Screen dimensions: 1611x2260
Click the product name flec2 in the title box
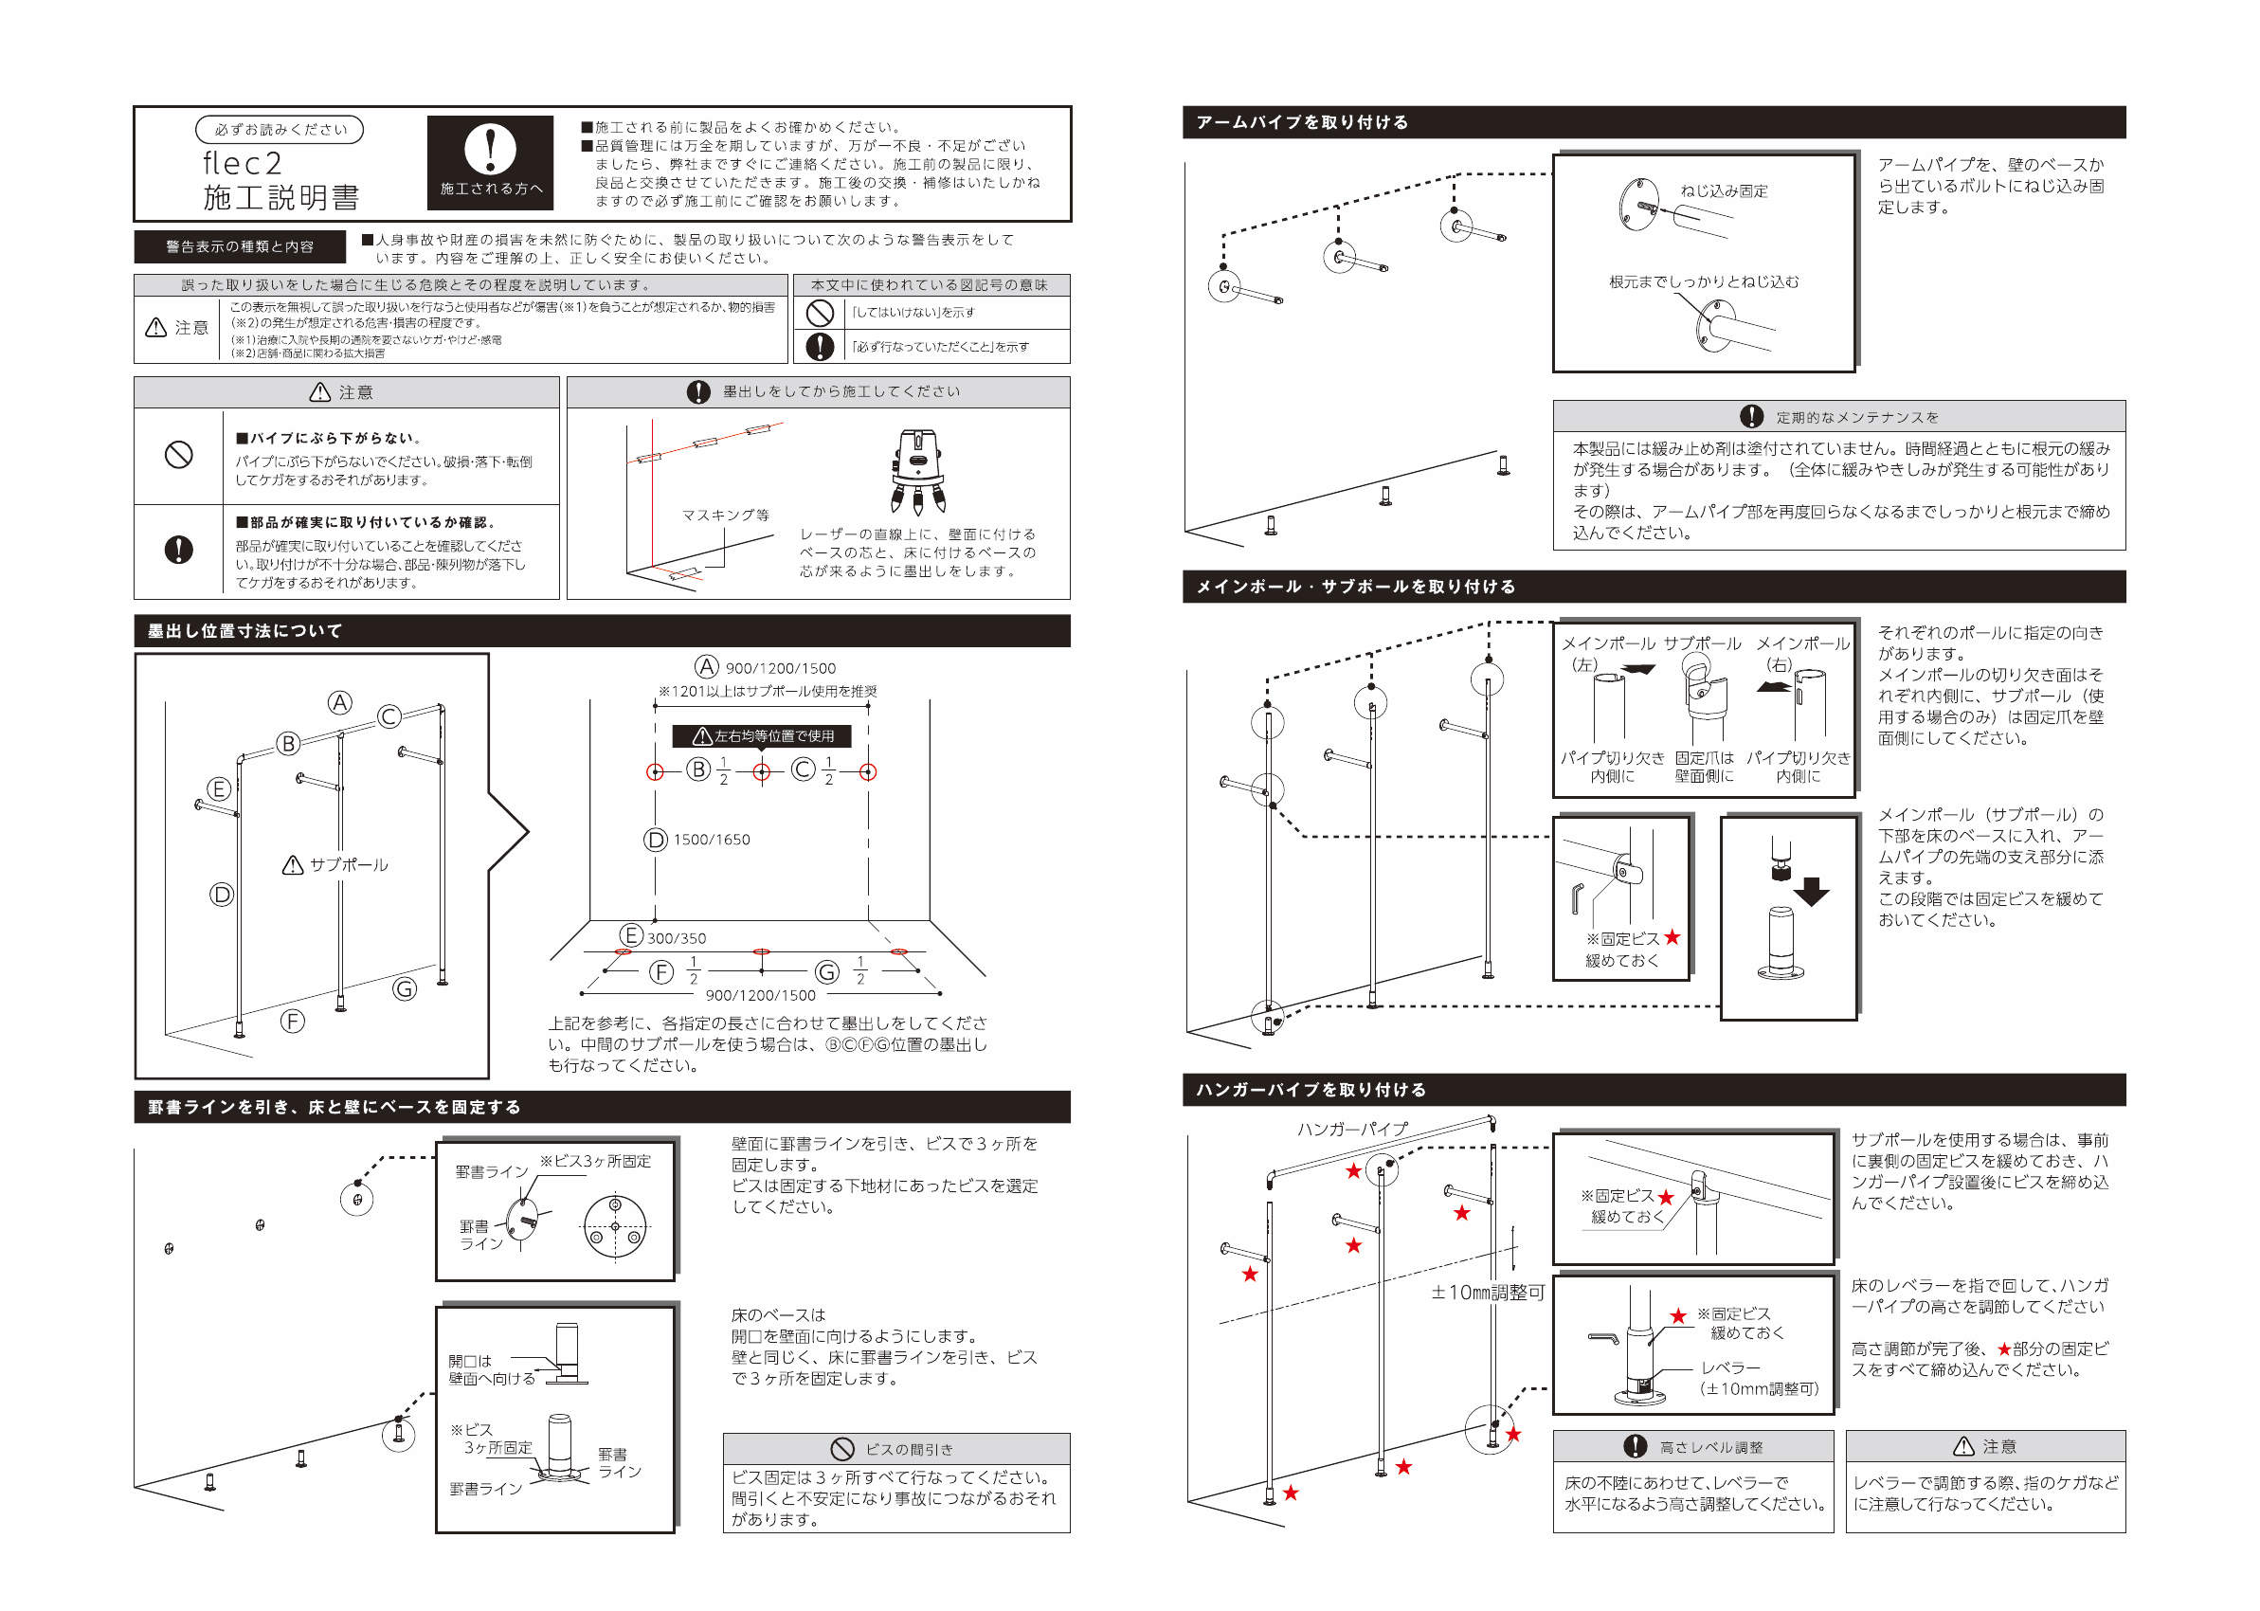(x=243, y=163)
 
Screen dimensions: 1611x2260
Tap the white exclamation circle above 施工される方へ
(x=490, y=149)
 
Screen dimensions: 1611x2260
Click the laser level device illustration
(x=916, y=470)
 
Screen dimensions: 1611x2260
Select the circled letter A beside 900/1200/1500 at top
(x=705, y=666)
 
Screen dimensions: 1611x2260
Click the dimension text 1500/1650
(x=711, y=840)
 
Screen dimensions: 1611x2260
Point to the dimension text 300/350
(x=677, y=937)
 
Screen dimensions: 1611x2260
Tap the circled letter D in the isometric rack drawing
(x=221, y=894)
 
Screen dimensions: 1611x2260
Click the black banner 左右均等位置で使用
(x=761, y=735)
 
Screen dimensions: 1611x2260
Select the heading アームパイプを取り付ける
(x=1301, y=122)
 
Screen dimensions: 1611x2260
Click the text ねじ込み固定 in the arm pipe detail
(x=1724, y=190)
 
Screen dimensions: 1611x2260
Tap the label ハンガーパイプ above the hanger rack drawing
(x=1351, y=1128)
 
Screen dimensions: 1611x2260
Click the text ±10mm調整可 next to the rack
(x=1488, y=1292)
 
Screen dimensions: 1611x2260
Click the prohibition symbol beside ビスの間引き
(x=841, y=1448)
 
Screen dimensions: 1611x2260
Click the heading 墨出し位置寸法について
(x=244, y=631)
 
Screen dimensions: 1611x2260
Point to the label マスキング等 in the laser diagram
(x=725, y=515)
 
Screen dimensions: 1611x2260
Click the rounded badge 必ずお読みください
(x=280, y=130)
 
